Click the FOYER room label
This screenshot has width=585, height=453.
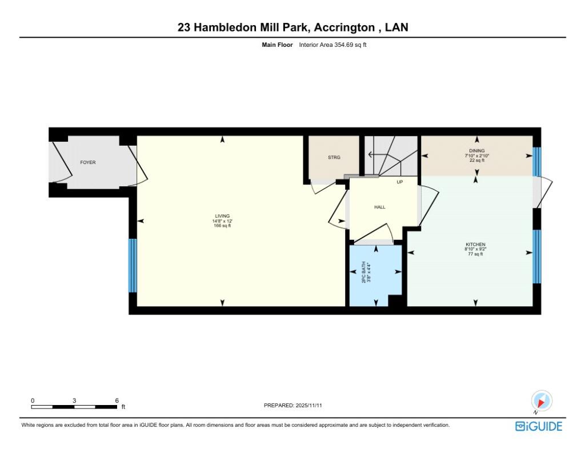[x=87, y=163]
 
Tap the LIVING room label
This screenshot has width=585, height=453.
[x=222, y=216]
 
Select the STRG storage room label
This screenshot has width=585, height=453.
[x=334, y=157]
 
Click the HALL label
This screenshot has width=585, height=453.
[x=380, y=207]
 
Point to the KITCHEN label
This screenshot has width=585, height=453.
[x=475, y=244]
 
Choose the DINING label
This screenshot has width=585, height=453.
[x=476, y=151]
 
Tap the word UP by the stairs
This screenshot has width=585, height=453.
[x=400, y=182]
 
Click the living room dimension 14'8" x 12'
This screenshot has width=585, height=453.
[x=222, y=221]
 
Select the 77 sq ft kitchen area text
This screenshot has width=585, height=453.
[x=475, y=254]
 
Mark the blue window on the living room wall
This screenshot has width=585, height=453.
[x=133, y=265]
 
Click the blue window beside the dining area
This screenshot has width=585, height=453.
[x=536, y=161]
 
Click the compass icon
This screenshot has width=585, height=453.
[x=541, y=400]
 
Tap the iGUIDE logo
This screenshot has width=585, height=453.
[x=539, y=426]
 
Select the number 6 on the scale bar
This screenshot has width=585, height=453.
[x=117, y=400]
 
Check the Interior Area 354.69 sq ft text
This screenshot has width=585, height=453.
[x=332, y=45]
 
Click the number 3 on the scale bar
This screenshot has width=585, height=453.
[x=74, y=400]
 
